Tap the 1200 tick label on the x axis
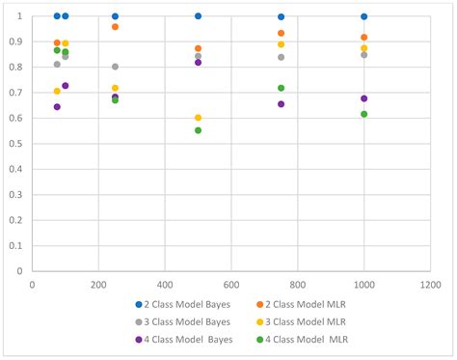(x=430, y=286)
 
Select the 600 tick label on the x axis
(x=231, y=286)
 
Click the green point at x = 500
(x=199, y=130)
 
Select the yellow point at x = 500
(x=199, y=118)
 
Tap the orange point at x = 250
(x=116, y=27)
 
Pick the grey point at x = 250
(x=116, y=67)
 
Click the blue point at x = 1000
(x=364, y=16)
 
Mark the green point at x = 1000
(x=364, y=114)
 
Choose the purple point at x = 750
(x=282, y=104)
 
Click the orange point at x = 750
(x=282, y=33)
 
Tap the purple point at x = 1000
(x=364, y=98)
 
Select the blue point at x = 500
(x=199, y=16)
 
